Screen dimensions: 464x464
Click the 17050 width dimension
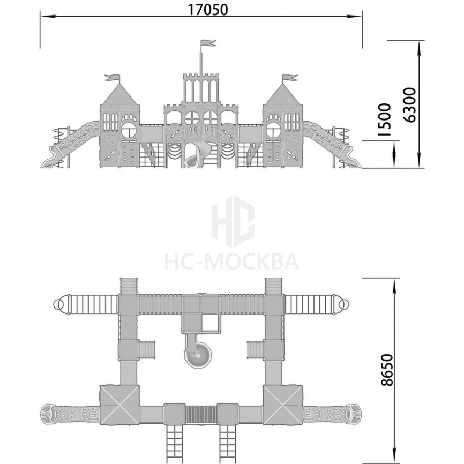tap(208, 10)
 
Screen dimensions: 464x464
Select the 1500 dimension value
tap(385, 119)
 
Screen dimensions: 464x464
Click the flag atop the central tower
tap(208, 43)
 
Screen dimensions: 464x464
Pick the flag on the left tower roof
tap(113, 78)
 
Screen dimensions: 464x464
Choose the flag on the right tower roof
tap(290, 78)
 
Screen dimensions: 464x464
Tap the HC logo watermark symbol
tap(233, 221)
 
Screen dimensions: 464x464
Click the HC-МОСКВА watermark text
tap(231, 261)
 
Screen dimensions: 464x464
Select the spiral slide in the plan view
tap(198, 350)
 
